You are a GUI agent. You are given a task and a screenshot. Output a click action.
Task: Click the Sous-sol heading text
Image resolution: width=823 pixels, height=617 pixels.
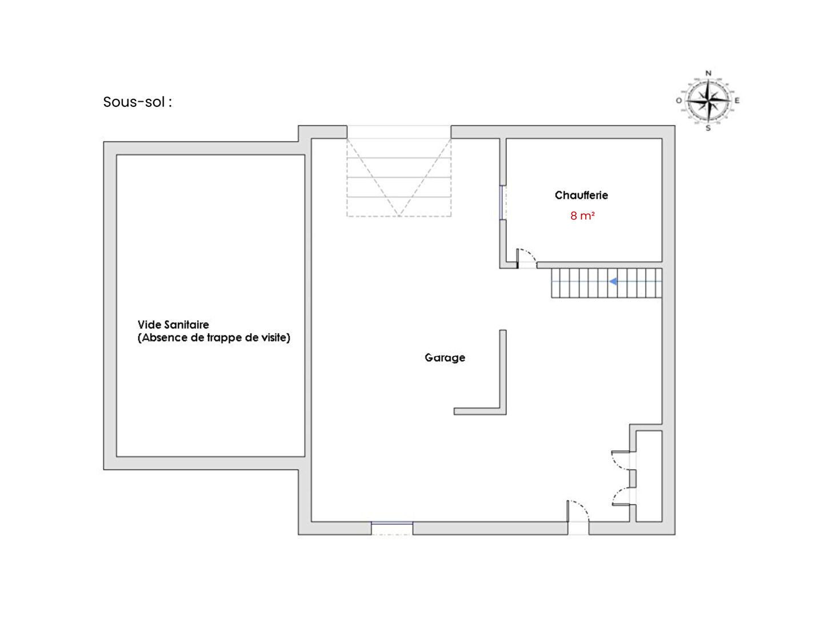pyautogui.click(x=137, y=102)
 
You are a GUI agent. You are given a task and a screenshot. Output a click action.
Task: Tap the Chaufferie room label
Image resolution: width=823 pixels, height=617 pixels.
pyautogui.click(x=581, y=195)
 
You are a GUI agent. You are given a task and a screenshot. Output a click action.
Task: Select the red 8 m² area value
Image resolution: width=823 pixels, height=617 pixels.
pyautogui.click(x=582, y=216)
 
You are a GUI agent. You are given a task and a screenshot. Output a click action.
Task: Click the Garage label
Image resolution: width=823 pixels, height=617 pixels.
pyautogui.click(x=445, y=358)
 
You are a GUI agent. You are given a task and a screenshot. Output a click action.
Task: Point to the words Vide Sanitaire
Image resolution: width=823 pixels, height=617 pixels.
pyautogui.click(x=173, y=324)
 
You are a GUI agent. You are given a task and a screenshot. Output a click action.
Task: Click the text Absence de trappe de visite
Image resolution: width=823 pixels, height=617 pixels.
pyautogui.click(x=214, y=338)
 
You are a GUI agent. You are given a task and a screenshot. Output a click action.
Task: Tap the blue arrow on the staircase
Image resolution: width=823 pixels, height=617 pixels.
pyautogui.click(x=613, y=281)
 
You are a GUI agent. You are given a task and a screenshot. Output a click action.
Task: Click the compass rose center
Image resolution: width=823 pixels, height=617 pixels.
pyautogui.click(x=708, y=101)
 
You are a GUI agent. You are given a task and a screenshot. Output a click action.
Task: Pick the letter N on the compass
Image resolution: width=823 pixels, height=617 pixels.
pyautogui.click(x=708, y=74)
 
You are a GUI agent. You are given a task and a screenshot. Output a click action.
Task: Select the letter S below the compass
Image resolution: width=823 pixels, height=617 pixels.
pyautogui.click(x=708, y=128)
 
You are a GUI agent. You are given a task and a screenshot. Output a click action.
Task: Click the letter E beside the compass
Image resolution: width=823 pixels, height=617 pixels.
pyautogui.click(x=737, y=101)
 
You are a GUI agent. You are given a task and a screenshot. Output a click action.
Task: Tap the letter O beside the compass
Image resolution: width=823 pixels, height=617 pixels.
pyautogui.click(x=678, y=101)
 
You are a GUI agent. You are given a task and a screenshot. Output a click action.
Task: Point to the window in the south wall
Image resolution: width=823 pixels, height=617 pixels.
pyautogui.click(x=392, y=528)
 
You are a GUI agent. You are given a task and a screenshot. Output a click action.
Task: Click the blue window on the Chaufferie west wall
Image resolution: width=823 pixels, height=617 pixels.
pyautogui.click(x=501, y=202)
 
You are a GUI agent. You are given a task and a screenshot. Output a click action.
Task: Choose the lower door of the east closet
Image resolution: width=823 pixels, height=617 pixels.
pyautogui.click(x=622, y=496)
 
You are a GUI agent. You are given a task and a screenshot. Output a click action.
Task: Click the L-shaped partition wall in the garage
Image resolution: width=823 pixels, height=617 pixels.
pyautogui.click(x=502, y=410)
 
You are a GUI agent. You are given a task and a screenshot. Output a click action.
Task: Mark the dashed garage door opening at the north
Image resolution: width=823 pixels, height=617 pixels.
pyautogui.click(x=398, y=177)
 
